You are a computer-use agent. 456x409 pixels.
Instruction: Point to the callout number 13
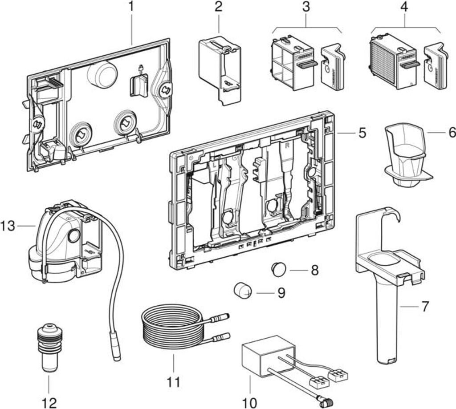click(8, 226)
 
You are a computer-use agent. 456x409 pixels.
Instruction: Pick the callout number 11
click(174, 381)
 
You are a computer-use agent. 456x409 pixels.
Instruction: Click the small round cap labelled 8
click(279, 269)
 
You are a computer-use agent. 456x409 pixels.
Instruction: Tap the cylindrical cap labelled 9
click(243, 291)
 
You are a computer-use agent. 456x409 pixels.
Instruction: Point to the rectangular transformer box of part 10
click(266, 356)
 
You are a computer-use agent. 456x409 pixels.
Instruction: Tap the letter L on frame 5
click(214, 164)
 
